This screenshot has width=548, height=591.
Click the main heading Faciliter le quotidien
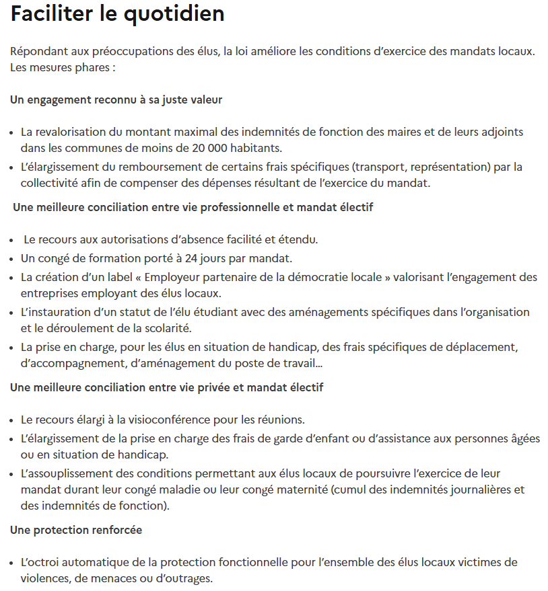pyautogui.click(x=117, y=14)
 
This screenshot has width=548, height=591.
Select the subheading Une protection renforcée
pyautogui.click(x=76, y=530)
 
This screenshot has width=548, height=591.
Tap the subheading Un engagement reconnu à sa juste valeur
pyautogui.click(x=116, y=100)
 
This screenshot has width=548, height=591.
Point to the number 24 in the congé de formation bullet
pyautogui.click(x=193, y=258)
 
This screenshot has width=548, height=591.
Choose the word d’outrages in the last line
pyautogui.click(x=190, y=578)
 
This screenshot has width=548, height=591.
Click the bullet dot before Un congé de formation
pyautogui.click(x=13, y=258)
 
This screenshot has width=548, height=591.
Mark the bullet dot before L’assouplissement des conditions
pyautogui.click(x=13, y=474)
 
